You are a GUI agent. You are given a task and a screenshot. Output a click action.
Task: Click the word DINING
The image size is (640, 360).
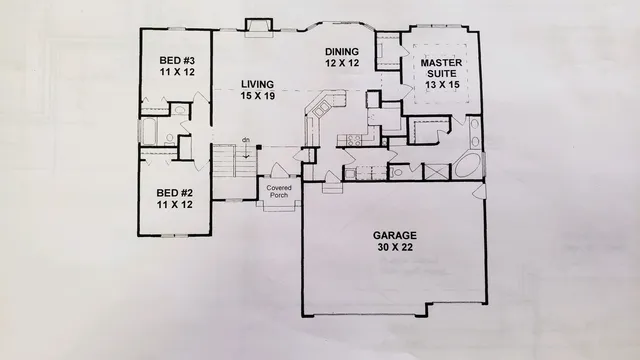pyautogui.click(x=342, y=50)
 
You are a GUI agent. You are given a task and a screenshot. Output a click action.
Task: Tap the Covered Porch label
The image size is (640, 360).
pyautogui.click(x=276, y=191)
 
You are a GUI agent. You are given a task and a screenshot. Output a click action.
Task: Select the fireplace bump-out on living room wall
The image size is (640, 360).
pyautogui.click(x=259, y=24)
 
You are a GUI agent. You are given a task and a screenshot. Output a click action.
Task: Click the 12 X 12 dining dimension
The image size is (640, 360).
pyautogui.click(x=342, y=62)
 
